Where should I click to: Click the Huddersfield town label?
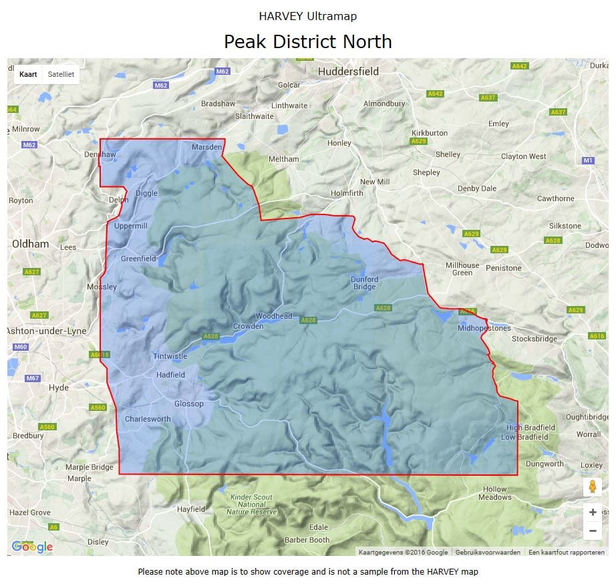(348, 71)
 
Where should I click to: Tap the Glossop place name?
(188, 404)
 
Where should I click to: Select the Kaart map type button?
(28, 74)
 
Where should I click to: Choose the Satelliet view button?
(60, 74)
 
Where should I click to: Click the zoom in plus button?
(592, 513)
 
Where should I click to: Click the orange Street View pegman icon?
(592, 486)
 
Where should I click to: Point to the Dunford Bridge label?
(364, 283)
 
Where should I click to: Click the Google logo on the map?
(32, 547)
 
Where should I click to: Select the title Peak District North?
(307, 41)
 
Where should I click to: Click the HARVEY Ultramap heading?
(307, 16)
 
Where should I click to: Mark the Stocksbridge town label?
(534, 339)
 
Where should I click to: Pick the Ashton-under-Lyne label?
(46, 331)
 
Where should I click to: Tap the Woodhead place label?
(274, 316)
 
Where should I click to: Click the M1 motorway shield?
(587, 160)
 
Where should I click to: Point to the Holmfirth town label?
(347, 194)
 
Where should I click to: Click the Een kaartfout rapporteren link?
(566, 553)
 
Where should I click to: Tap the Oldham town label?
(31, 244)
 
